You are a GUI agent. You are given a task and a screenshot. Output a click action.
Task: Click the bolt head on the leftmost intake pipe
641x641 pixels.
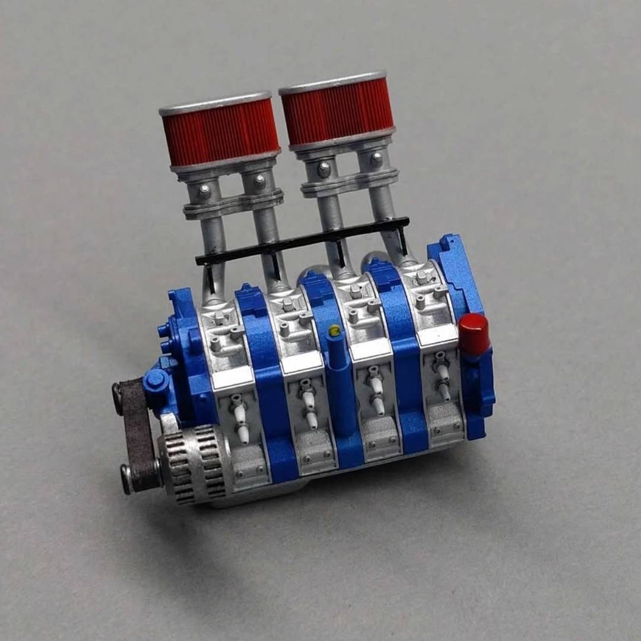tap(205, 191)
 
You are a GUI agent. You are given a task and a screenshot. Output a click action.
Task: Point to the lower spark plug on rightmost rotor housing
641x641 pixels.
tap(443, 390)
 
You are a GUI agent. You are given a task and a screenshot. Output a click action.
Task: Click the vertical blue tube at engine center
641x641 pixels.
tap(341, 386)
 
